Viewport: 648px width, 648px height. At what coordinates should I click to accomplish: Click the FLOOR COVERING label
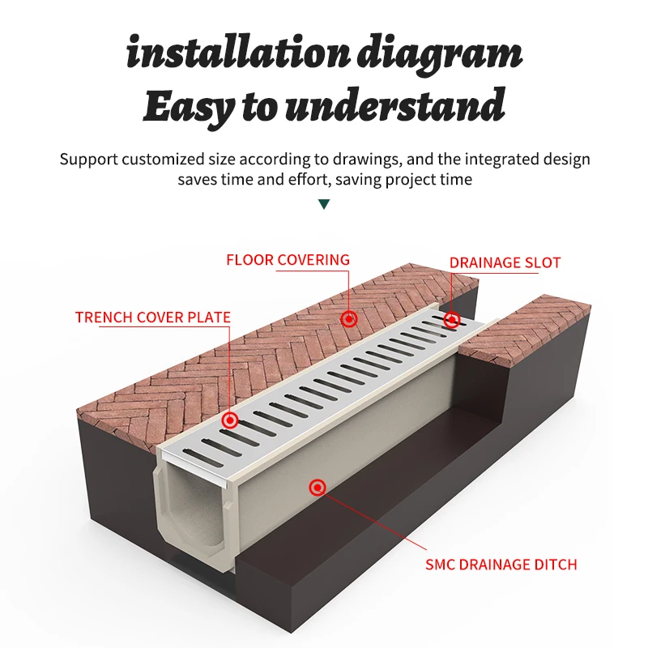[288, 260]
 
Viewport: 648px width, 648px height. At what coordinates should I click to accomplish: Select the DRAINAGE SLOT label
[505, 262]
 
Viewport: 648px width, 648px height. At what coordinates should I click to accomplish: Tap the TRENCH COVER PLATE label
[153, 318]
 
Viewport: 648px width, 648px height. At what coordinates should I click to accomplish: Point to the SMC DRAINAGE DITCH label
[501, 564]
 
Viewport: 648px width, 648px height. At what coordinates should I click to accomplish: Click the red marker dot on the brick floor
[349, 319]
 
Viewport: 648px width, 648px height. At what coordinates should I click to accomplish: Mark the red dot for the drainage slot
[452, 319]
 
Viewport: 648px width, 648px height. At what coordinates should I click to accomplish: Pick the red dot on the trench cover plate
[231, 420]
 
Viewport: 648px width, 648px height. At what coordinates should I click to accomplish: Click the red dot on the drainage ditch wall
[318, 487]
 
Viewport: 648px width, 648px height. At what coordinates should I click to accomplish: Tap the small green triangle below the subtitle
[324, 205]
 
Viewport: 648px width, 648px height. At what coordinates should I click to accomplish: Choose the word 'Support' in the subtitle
[88, 159]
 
